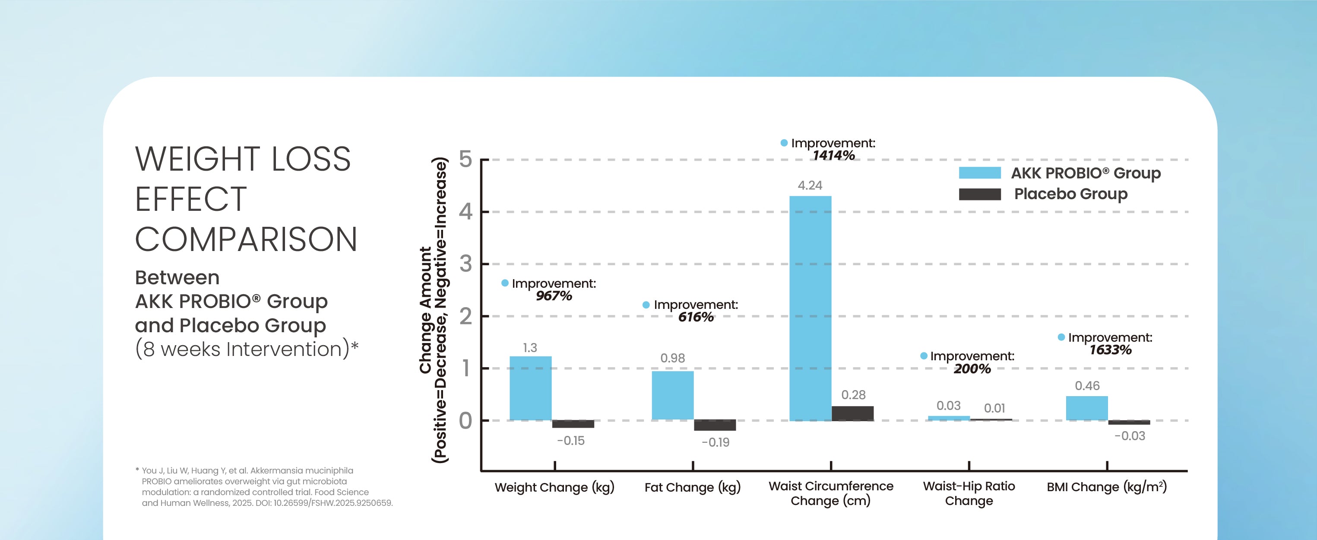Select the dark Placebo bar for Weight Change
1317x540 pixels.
(x=573, y=424)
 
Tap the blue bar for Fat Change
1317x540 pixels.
(x=672, y=395)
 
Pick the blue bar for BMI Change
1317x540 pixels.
(x=1086, y=408)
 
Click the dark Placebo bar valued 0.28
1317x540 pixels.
(x=852, y=413)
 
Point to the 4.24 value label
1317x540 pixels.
(x=810, y=185)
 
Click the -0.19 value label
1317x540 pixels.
(x=715, y=442)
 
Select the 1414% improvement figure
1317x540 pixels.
(x=833, y=156)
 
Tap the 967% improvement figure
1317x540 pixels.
(x=554, y=295)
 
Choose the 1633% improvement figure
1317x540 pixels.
(x=1110, y=350)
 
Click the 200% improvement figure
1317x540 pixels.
(x=972, y=368)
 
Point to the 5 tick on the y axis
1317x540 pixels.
(x=465, y=159)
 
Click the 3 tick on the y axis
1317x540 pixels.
(x=465, y=264)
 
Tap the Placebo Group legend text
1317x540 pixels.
(x=1070, y=194)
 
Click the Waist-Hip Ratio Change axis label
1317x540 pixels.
(x=969, y=493)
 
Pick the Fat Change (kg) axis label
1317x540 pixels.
(x=692, y=487)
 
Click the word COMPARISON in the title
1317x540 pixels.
(x=246, y=239)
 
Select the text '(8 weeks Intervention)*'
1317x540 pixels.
(x=247, y=349)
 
